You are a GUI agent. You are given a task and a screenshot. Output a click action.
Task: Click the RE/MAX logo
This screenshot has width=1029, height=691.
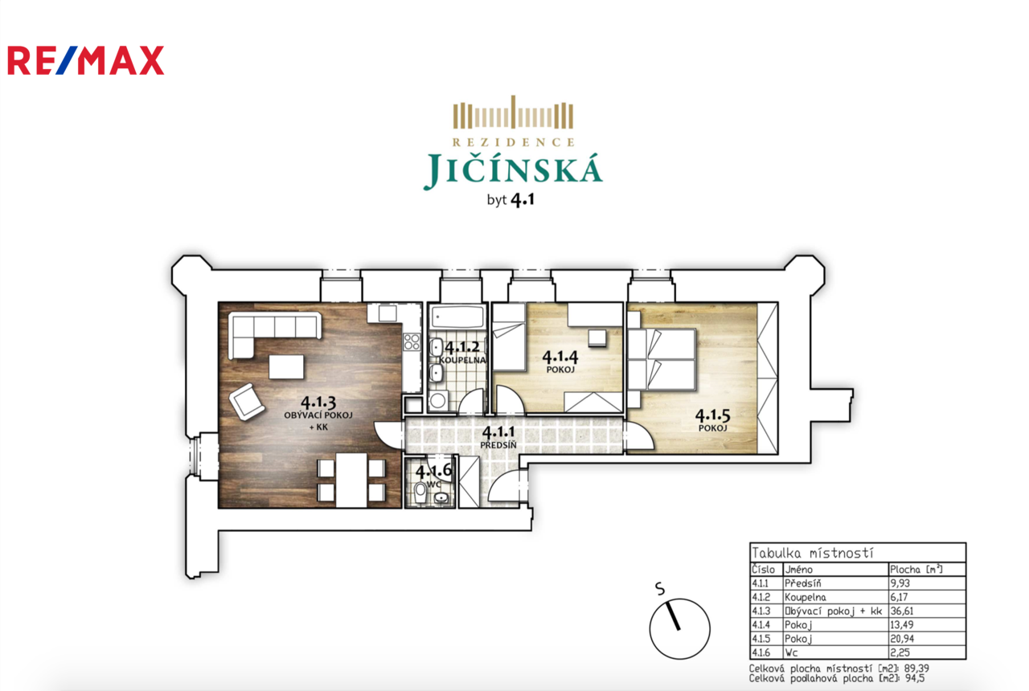[86, 60]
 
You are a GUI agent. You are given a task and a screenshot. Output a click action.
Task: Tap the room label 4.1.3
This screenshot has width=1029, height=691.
[318, 403]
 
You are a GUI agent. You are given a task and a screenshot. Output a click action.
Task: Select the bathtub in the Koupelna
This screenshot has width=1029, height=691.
[458, 317]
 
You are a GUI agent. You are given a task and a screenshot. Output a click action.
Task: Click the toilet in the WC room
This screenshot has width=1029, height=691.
[420, 493]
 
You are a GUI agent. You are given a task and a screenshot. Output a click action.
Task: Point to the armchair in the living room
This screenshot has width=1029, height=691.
[247, 401]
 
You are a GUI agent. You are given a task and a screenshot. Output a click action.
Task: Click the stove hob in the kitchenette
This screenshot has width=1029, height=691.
[412, 342]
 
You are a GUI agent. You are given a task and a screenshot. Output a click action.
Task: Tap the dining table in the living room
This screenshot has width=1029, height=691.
[351, 480]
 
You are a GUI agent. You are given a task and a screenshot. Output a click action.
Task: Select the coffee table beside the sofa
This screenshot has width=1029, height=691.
[286, 367]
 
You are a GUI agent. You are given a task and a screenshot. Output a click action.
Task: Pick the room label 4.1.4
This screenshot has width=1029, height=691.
[560, 356]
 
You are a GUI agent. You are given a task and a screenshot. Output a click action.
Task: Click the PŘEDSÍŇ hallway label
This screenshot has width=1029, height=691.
[498, 445]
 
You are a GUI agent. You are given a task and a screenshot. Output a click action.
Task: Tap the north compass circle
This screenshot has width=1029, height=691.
[680, 628]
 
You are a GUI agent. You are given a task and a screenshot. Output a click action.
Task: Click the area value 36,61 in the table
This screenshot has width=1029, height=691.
[902, 611]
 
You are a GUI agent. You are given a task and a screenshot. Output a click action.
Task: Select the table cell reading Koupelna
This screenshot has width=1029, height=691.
[806, 597]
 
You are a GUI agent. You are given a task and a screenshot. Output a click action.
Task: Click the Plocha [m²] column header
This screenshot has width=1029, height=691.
[916, 570]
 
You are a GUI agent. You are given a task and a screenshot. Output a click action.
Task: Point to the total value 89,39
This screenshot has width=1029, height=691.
[917, 669]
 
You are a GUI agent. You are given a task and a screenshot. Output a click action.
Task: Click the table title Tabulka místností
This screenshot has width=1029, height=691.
[812, 553]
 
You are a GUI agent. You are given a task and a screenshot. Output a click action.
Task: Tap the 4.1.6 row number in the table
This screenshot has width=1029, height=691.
[760, 652]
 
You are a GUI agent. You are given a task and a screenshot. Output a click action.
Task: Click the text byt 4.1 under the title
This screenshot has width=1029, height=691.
[510, 200]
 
